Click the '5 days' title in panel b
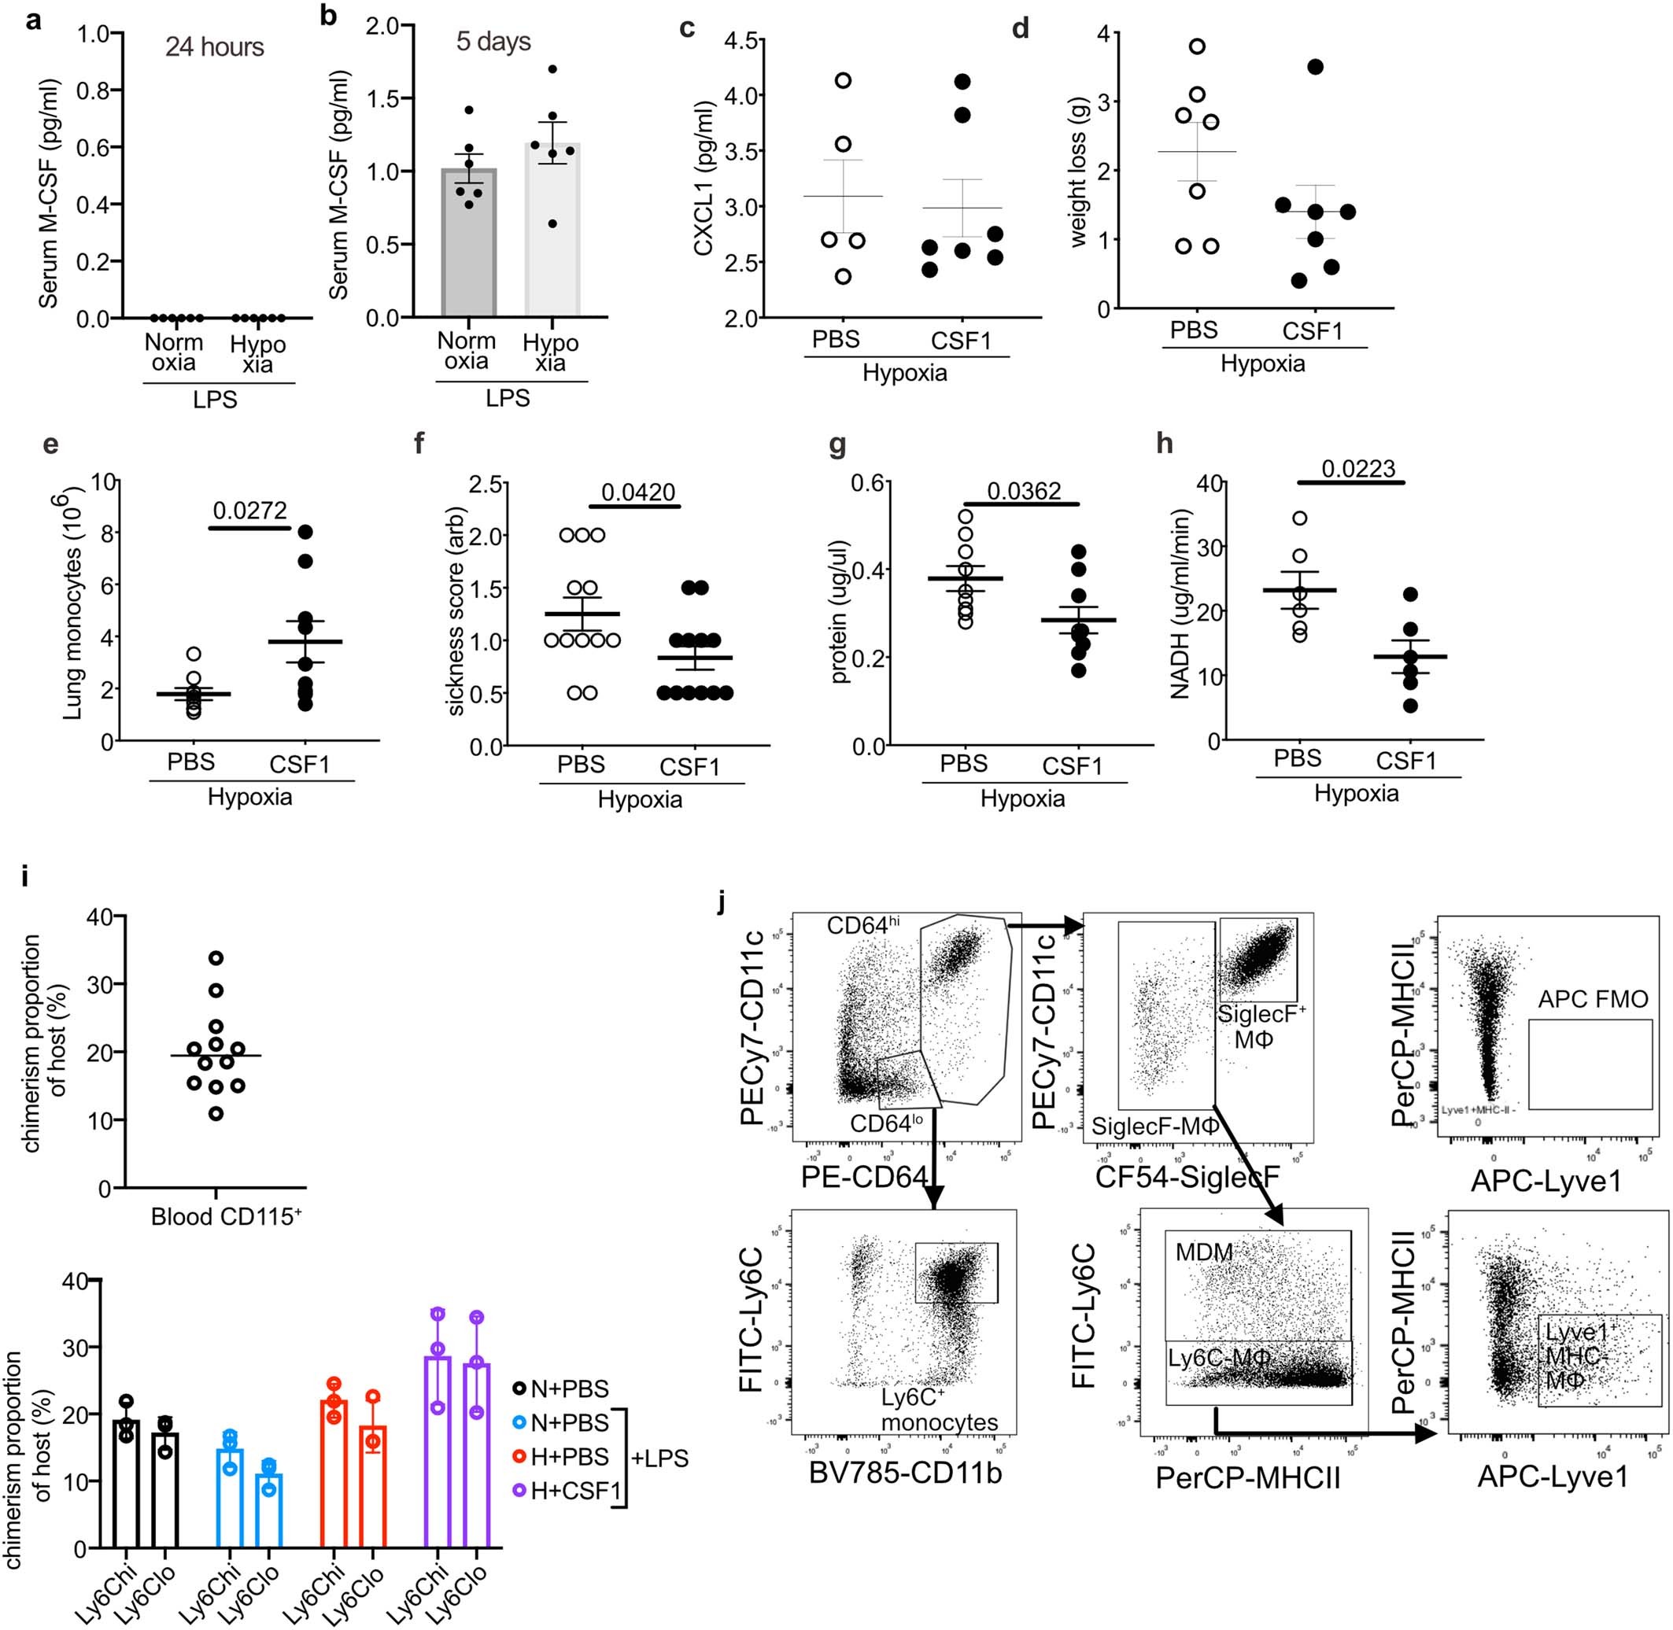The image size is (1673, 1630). [493, 41]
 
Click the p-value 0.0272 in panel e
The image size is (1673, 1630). [250, 511]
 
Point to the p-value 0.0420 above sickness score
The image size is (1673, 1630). [638, 492]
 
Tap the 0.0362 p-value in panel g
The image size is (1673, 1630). [1023, 491]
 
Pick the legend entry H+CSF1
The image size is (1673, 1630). [574, 1491]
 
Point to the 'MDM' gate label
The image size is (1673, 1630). [1204, 1252]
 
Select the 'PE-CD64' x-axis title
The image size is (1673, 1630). [865, 1178]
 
